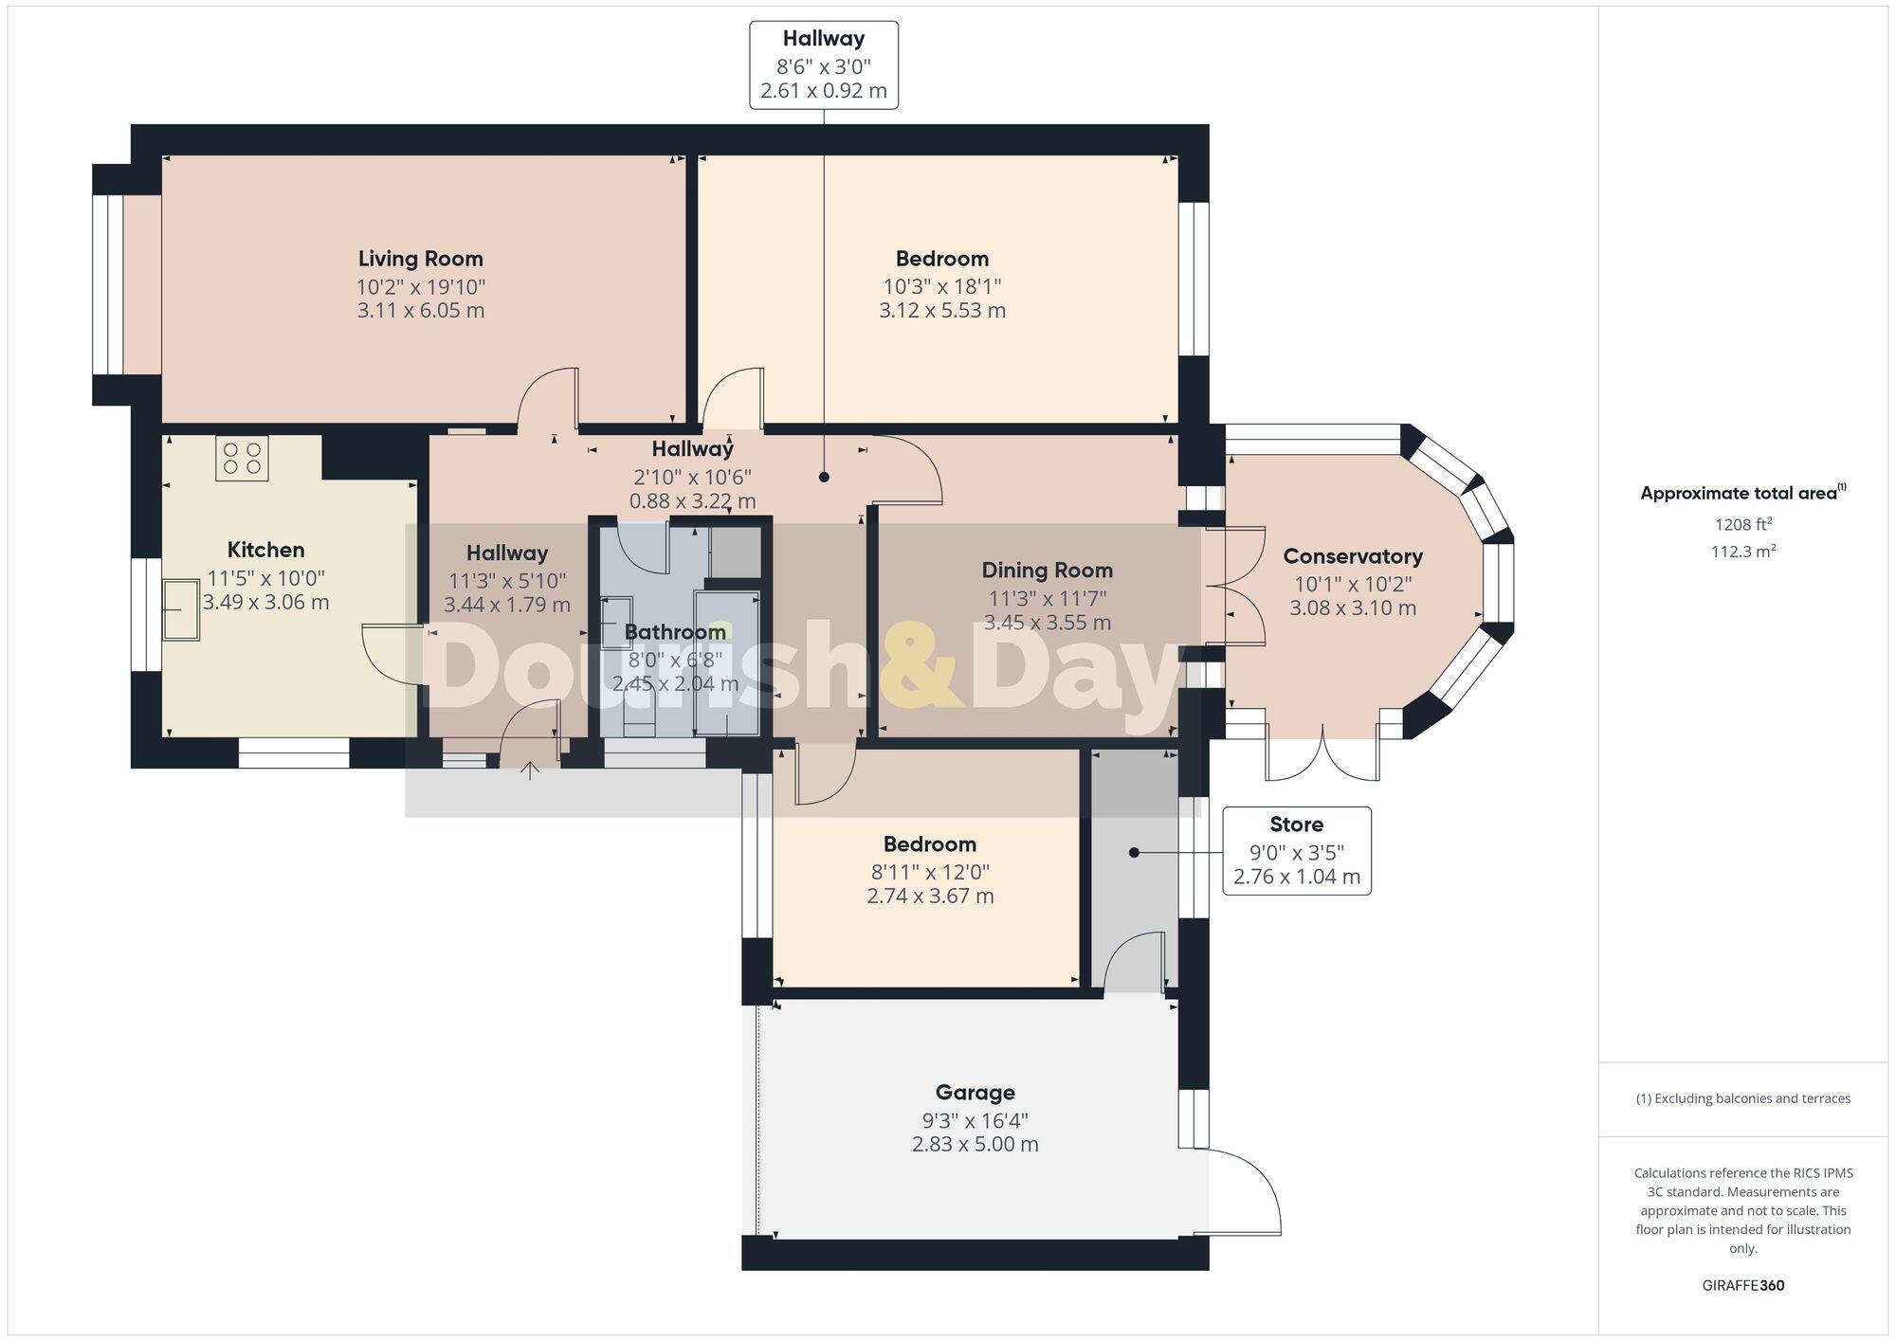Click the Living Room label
(420, 259)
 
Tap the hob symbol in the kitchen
(242, 458)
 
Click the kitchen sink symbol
(181, 610)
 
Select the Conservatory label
(1352, 556)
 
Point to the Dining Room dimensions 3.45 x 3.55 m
(1047, 623)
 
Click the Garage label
(975, 1093)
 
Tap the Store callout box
(1296, 850)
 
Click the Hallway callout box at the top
(823, 64)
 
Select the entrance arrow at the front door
(530, 770)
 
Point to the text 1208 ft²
(1742, 524)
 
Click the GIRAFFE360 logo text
(1742, 1285)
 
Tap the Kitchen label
(265, 550)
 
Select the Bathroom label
(675, 632)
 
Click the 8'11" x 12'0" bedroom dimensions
(930, 872)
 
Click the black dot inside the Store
(1134, 853)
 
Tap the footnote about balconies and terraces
(1742, 1098)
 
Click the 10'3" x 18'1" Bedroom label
(941, 259)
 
